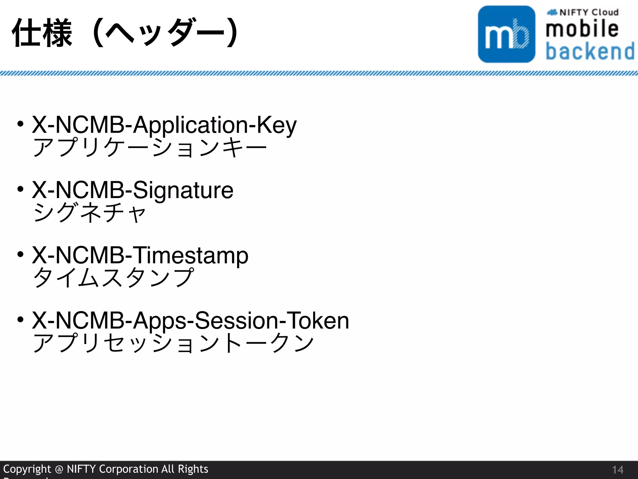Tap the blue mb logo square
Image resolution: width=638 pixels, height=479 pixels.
pyautogui.click(x=507, y=34)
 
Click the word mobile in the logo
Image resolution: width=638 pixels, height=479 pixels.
pyautogui.click(x=582, y=29)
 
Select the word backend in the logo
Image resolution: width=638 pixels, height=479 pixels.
pyautogui.click(x=590, y=51)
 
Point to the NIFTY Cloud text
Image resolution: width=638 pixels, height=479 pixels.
pyautogui.click(x=589, y=12)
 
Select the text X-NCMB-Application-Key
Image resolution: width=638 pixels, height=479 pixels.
pyautogui.click(x=164, y=125)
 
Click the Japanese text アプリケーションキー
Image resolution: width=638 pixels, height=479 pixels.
pyautogui.click(x=150, y=147)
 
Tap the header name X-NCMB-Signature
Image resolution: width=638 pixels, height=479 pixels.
pyautogui.click(x=132, y=190)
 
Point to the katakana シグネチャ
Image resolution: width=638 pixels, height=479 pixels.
pyautogui.click(x=89, y=213)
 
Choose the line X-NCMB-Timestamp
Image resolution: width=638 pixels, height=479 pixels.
pyautogui.click(x=140, y=255)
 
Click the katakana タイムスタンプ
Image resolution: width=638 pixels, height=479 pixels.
pyautogui.click(x=113, y=278)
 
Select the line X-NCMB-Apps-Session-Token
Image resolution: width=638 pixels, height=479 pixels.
pyautogui.click(x=190, y=320)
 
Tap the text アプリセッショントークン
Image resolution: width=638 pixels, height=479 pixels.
pyautogui.click(x=173, y=343)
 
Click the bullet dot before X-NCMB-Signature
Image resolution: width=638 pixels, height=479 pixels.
pyautogui.click(x=21, y=189)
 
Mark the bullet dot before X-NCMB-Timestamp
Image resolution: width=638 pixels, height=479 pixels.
pyautogui.click(x=21, y=254)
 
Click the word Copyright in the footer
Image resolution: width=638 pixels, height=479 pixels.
pyautogui.click(x=27, y=469)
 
